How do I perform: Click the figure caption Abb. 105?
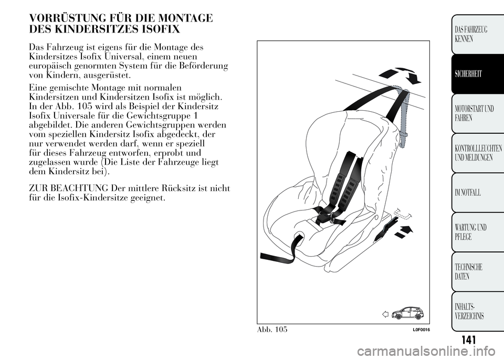click(272, 329)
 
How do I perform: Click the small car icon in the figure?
click(407, 313)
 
